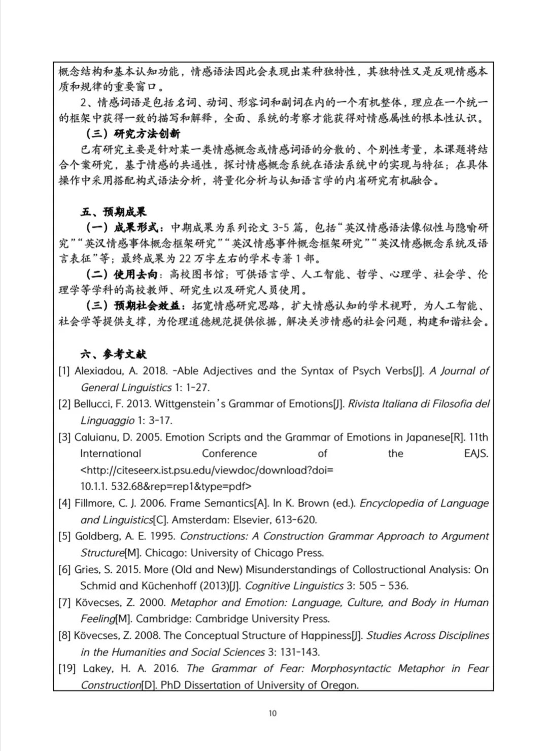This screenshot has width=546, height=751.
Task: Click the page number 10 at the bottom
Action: point(272,713)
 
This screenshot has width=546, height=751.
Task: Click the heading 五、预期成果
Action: point(113,212)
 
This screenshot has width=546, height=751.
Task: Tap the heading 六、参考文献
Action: point(113,354)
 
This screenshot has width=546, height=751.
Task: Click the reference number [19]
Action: point(67,668)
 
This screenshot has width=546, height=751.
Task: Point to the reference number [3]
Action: point(64,437)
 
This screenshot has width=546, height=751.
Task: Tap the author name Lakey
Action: point(97,668)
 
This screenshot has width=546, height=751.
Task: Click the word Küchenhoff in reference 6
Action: point(174,586)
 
